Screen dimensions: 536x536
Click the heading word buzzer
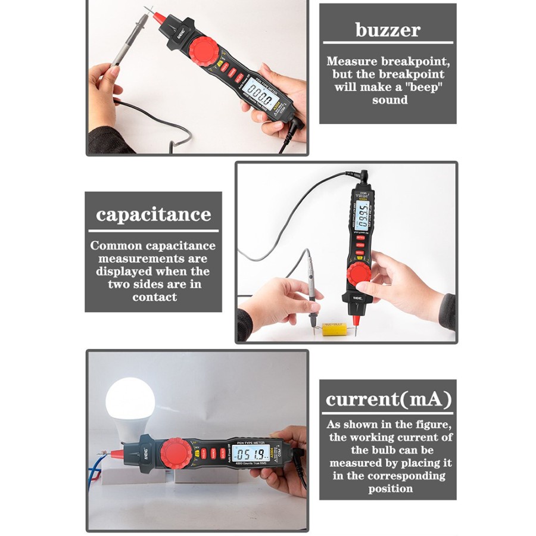(x=388, y=30)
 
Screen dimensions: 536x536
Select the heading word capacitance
(x=154, y=214)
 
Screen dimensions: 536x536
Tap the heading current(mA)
(x=388, y=399)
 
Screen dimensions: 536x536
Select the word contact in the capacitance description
(x=154, y=297)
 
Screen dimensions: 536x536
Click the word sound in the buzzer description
(x=390, y=100)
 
